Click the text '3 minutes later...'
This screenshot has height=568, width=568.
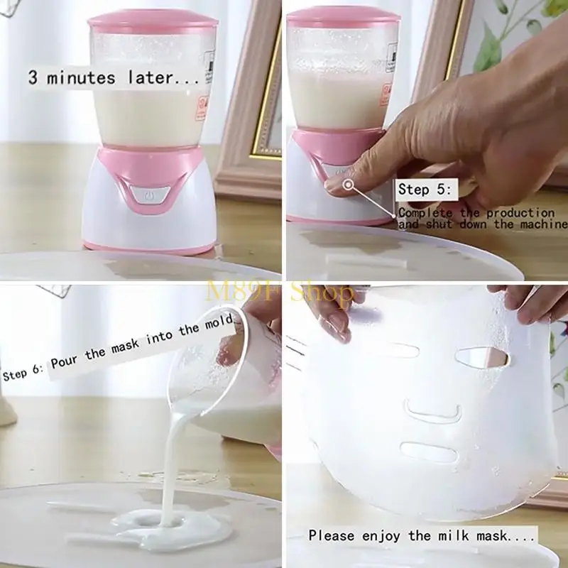[114, 77]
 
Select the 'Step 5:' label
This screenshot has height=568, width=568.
[427, 189]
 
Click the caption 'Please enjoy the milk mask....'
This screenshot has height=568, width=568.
[422, 535]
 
